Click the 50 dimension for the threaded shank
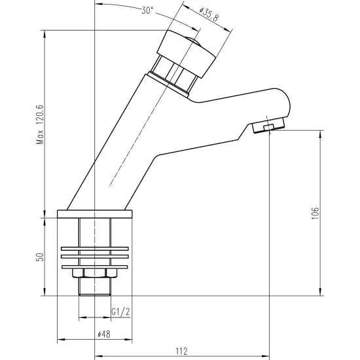coord(39,257)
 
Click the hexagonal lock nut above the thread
coord(96,274)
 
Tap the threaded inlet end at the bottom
coord(96,287)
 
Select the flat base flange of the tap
coord(96,213)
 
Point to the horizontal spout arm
coord(242,105)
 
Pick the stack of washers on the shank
coord(96,256)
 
